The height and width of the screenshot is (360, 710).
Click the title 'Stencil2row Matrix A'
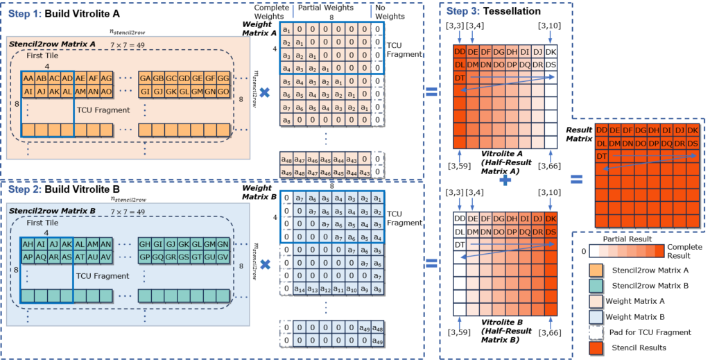[53, 44]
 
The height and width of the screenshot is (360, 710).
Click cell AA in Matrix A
[28, 78]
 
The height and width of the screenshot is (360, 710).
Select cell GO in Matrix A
[223, 92]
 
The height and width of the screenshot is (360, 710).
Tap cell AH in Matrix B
[28, 244]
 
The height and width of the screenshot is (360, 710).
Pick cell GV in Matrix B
[223, 257]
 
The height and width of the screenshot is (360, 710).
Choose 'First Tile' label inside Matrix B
[42, 223]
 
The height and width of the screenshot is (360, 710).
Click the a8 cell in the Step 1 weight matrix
[286, 119]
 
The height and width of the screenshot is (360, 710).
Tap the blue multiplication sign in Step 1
[264, 92]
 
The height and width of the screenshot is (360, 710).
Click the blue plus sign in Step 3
[505, 180]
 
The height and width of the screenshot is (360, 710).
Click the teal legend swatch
[596, 285]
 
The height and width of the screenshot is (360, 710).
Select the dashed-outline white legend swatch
[596, 332]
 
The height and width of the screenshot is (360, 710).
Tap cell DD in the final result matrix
[601, 130]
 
